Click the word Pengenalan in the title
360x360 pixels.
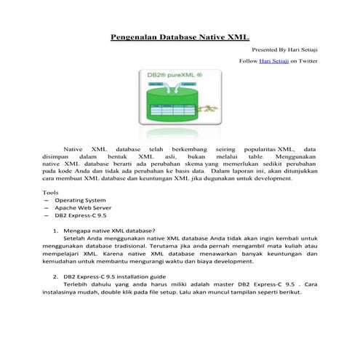pos(135,36)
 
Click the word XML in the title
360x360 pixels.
pos(238,36)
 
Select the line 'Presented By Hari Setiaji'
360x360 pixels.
pos(284,50)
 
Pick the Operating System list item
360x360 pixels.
pos(80,200)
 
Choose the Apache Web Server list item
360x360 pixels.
pos(81,208)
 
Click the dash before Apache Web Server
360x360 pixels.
pos(47,208)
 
